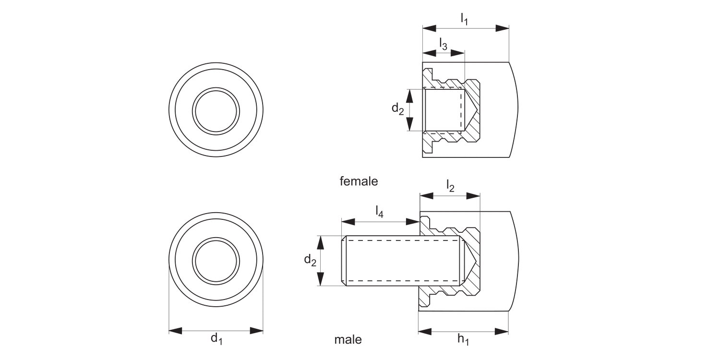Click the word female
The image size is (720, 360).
[x=359, y=181]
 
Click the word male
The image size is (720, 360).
[x=348, y=340]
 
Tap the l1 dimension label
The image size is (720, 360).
[x=464, y=19]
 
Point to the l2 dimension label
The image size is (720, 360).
[x=450, y=186]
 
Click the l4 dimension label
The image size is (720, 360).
[x=379, y=211]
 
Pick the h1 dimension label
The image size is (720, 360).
[x=463, y=340]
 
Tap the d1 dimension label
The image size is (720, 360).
[x=216, y=338]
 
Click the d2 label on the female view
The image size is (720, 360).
[x=397, y=109]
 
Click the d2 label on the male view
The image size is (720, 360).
[x=310, y=261]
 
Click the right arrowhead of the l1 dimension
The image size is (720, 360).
[x=502, y=28]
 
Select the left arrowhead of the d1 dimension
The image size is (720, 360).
[x=176, y=330]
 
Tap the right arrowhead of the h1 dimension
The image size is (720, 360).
[x=502, y=331]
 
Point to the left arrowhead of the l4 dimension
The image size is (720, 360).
[x=348, y=221]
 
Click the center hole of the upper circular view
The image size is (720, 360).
[x=216, y=110]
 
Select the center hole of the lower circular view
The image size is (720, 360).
[x=216, y=260]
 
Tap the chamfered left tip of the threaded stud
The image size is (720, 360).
[x=344, y=261]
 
